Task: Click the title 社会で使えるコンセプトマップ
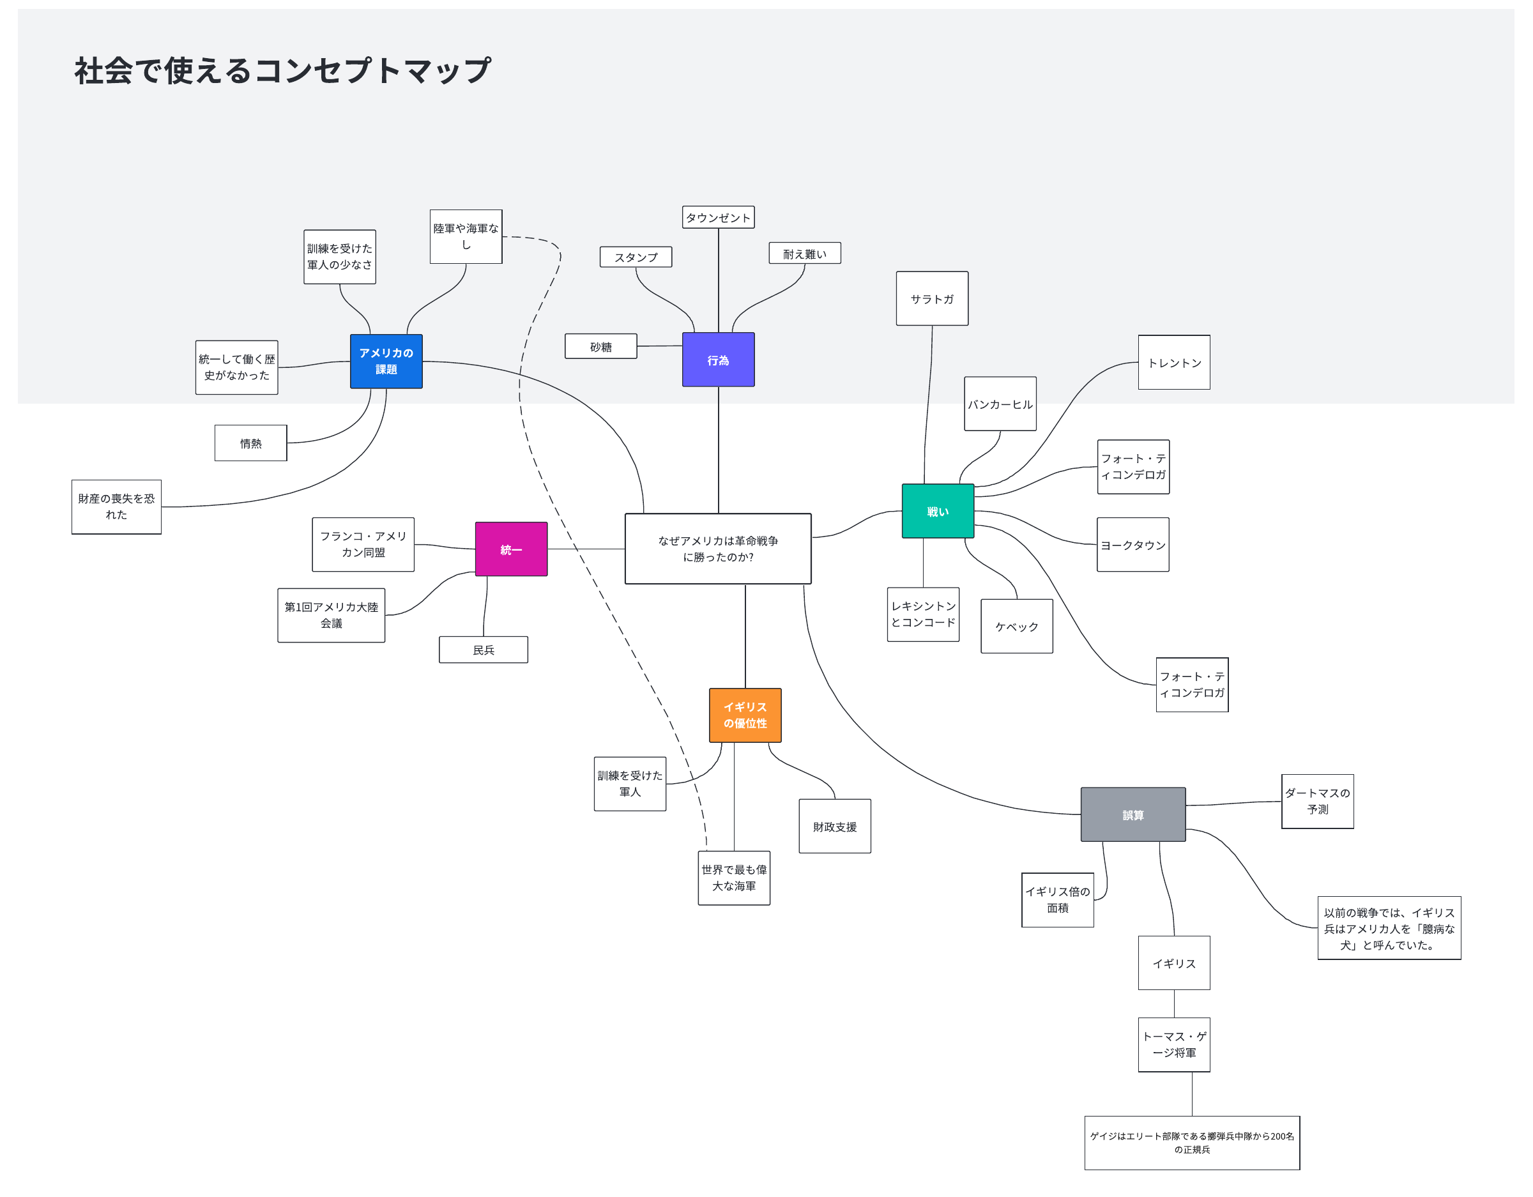point(282,71)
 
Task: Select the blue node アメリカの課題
point(386,361)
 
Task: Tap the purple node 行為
point(718,360)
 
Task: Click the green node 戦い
point(937,511)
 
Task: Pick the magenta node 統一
point(511,549)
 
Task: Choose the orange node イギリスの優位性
point(745,715)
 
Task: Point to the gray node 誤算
point(1133,814)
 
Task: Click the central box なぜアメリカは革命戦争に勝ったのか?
point(717,548)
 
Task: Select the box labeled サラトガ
point(931,298)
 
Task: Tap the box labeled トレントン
point(1173,362)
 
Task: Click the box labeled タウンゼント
point(717,217)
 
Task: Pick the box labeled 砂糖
point(600,346)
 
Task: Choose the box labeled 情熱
point(250,443)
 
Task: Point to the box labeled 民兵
point(483,650)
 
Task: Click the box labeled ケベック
point(1016,626)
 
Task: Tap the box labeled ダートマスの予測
point(1317,801)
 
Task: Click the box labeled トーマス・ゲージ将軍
point(1173,1044)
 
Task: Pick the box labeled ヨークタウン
point(1133,545)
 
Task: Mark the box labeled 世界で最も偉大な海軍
point(733,878)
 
